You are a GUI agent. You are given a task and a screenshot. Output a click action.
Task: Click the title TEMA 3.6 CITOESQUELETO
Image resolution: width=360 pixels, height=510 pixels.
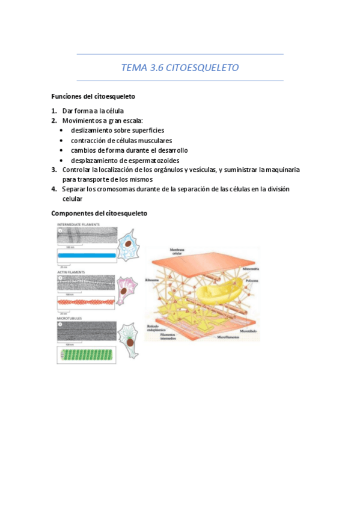pyautogui.click(x=180, y=68)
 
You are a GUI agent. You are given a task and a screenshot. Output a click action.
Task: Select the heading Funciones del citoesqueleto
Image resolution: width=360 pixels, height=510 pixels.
pyautogui.click(x=93, y=96)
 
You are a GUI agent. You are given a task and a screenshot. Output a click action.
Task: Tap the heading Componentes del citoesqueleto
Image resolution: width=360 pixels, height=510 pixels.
pyautogui.click(x=99, y=214)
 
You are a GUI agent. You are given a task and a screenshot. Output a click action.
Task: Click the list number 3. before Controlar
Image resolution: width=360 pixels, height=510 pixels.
pyautogui.click(x=54, y=170)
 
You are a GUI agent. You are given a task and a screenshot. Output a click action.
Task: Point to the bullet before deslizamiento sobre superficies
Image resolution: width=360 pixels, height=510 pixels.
pyautogui.click(x=63, y=131)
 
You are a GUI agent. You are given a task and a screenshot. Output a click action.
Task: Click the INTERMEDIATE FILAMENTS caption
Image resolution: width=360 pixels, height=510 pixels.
pyautogui.click(x=78, y=225)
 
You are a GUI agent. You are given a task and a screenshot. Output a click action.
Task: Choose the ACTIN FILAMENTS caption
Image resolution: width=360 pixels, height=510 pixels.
pyautogui.click(x=70, y=272)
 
